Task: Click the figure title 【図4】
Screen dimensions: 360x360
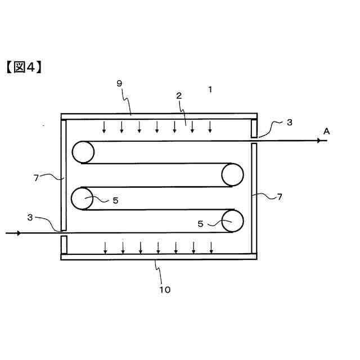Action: tap(25, 67)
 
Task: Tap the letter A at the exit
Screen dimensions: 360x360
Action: tap(327, 131)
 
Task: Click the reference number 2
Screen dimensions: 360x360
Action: tap(179, 96)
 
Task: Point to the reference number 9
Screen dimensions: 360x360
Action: tap(119, 83)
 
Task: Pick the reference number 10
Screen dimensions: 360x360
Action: tap(164, 290)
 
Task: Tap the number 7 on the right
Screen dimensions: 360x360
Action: tap(280, 196)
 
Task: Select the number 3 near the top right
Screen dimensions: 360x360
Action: tap(289, 121)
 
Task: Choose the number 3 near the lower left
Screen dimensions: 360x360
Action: tap(30, 217)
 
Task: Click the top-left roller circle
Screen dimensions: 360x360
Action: tap(82, 151)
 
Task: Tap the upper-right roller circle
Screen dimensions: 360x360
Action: tap(232, 174)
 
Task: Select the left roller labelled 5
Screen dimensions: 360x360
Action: tap(82, 198)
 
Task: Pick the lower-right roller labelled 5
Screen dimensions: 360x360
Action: tap(232, 220)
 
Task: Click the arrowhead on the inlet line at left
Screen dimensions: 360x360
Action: tap(19, 233)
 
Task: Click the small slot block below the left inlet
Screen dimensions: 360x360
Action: tap(64, 244)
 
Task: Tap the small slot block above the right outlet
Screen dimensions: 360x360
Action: tap(254, 128)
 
